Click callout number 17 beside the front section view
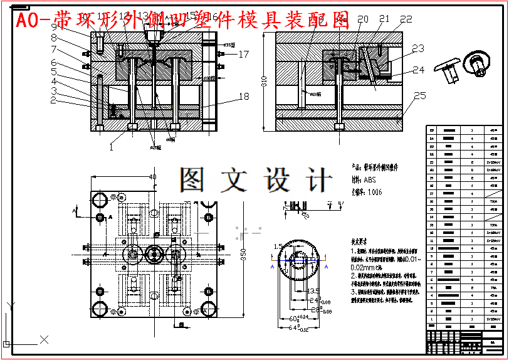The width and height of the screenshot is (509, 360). (243, 55)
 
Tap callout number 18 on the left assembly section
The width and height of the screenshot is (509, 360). (244, 97)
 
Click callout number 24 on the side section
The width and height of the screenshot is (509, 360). (418, 70)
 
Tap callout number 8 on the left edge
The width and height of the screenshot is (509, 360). (54, 38)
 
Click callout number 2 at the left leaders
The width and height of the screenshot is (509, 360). (54, 100)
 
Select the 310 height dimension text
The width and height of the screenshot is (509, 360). (265, 81)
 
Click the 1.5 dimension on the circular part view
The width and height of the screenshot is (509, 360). (278, 246)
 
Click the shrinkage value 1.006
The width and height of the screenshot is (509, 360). (374, 192)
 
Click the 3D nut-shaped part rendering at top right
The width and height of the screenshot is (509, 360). (475, 63)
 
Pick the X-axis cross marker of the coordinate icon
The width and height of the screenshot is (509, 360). (44, 339)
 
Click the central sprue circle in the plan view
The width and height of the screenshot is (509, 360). (154, 254)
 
